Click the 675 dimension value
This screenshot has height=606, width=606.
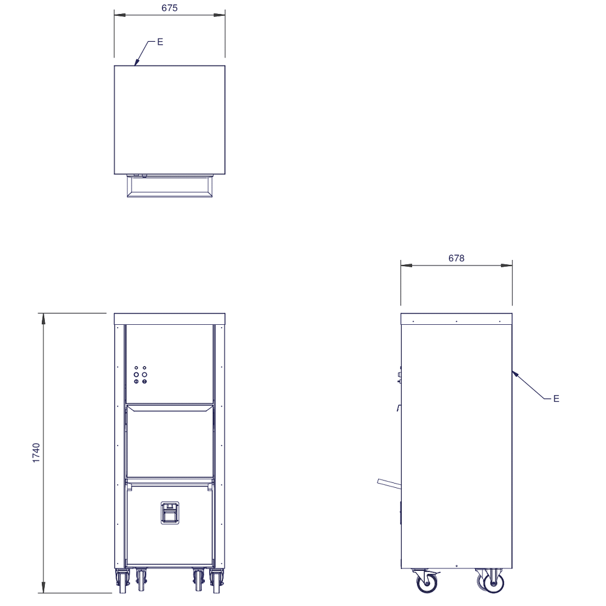pos(169,8)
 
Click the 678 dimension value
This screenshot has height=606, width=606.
pos(456,258)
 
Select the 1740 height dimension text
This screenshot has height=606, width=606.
pos(36,453)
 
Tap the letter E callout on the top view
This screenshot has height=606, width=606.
pos(160,42)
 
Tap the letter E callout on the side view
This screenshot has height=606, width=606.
pos(556,399)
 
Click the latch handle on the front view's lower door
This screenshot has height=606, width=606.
pos(170,513)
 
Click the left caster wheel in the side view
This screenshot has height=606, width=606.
pos(427,582)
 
